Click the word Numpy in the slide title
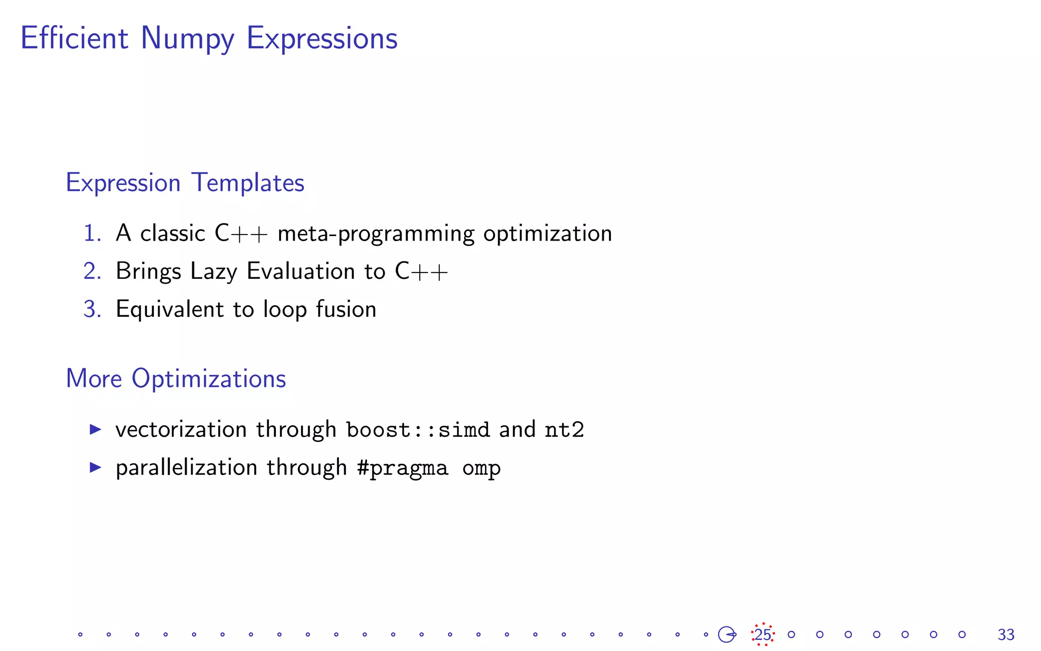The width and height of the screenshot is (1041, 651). [x=187, y=39]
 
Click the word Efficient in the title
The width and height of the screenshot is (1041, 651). [x=74, y=38]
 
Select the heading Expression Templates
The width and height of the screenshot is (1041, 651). [x=185, y=183]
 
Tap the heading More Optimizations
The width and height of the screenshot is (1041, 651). [x=176, y=378]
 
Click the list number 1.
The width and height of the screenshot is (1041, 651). [x=91, y=233]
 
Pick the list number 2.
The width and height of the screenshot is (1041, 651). [x=92, y=271]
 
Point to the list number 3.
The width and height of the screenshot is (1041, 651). [x=92, y=309]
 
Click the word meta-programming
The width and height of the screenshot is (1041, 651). [x=376, y=234]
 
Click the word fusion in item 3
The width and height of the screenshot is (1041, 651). [x=346, y=309]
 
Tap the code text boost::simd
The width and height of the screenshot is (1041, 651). [x=418, y=430]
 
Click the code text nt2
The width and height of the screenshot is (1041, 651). [x=564, y=430]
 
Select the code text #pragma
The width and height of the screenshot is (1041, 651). [x=403, y=468]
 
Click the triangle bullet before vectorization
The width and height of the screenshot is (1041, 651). [x=96, y=429]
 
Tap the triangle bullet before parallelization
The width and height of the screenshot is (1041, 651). [x=96, y=467]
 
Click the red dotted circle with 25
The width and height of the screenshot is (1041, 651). [x=762, y=634]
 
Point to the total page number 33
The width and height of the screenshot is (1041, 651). [x=1006, y=635]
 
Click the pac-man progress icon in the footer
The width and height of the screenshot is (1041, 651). [x=727, y=634]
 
